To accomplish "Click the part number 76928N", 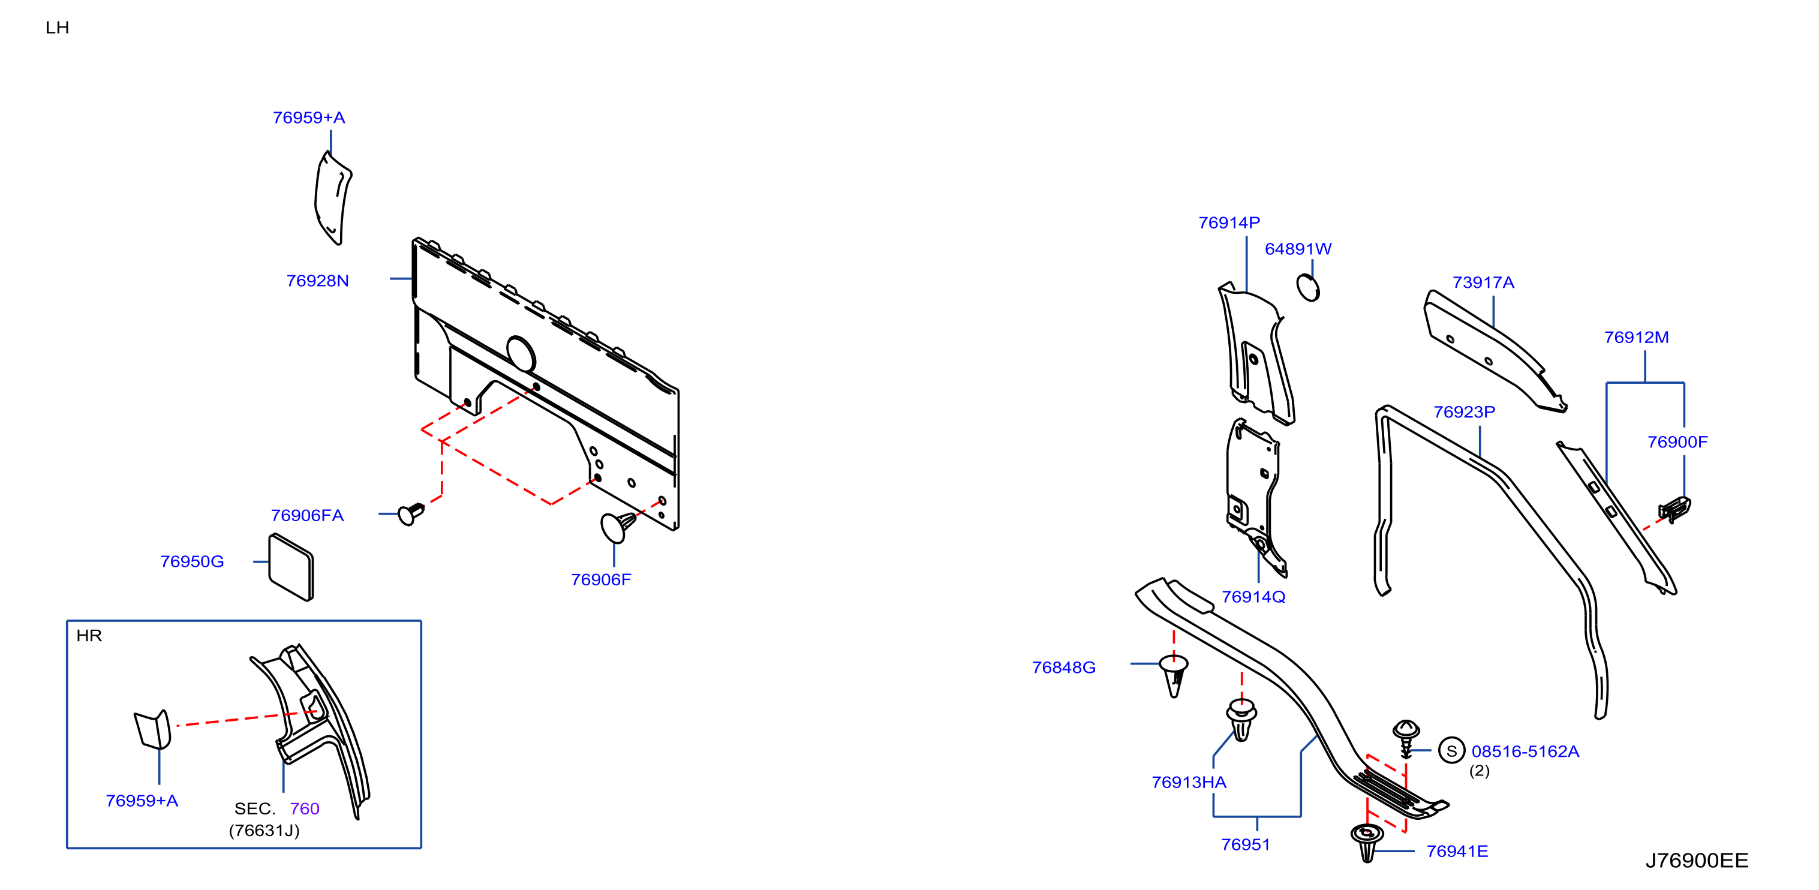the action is pyautogui.click(x=317, y=281).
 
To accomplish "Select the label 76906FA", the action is pyautogui.click(x=307, y=515).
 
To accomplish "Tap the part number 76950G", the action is pyautogui.click(x=192, y=561).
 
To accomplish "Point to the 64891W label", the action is pyautogui.click(x=1298, y=249).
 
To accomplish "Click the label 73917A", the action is pyautogui.click(x=1483, y=282).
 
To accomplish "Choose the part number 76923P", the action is pyautogui.click(x=1464, y=412).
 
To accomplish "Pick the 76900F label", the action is pyautogui.click(x=1677, y=442).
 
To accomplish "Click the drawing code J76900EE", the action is pyautogui.click(x=1697, y=861).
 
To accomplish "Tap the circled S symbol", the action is pyautogui.click(x=1451, y=751).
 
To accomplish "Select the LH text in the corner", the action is pyautogui.click(x=57, y=28).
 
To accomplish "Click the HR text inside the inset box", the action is pyautogui.click(x=89, y=636).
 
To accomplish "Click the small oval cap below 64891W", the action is pyautogui.click(x=1308, y=287).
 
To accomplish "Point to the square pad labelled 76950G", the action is pyautogui.click(x=291, y=567).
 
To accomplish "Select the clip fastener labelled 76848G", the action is pyautogui.click(x=1174, y=675).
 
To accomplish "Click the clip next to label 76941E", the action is pyautogui.click(x=1367, y=842).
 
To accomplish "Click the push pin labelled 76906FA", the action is pyautogui.click(x=411, y=513).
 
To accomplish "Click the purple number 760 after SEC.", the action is pyautogui.click(x=304, y=809).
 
